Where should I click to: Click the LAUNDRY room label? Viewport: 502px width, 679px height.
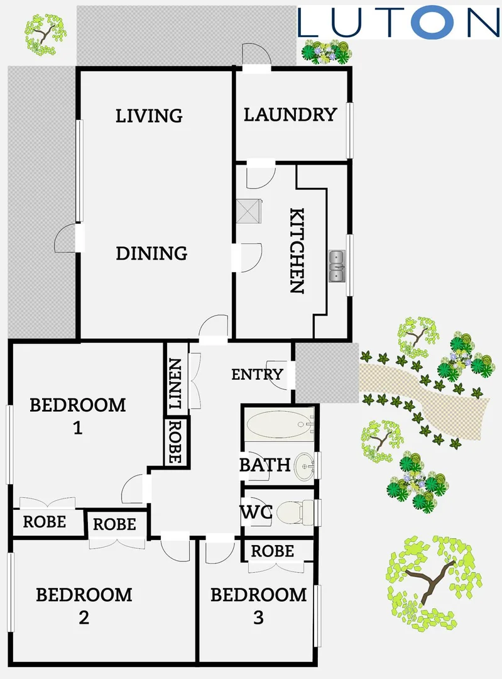(x=290, y=114)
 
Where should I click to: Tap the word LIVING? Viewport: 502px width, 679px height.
(x=149, y=116)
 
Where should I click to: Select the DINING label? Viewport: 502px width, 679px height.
(x=151, y=253)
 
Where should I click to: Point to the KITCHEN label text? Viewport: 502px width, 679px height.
(x=296, y=251)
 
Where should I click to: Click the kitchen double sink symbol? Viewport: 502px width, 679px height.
(x=337, y=266)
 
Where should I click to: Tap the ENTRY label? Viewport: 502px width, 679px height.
(x=257, y=375)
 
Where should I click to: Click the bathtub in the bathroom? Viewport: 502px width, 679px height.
(x=278, y=424)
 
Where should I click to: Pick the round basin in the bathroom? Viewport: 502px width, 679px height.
(x=306, y=466)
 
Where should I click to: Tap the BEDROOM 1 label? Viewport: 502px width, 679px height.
(x=78, y=416)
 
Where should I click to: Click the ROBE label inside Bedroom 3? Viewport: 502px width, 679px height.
(x=272, y=551)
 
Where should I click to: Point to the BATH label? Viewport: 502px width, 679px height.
(x=265, y=465)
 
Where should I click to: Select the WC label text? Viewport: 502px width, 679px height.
(x=256, y=512)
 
